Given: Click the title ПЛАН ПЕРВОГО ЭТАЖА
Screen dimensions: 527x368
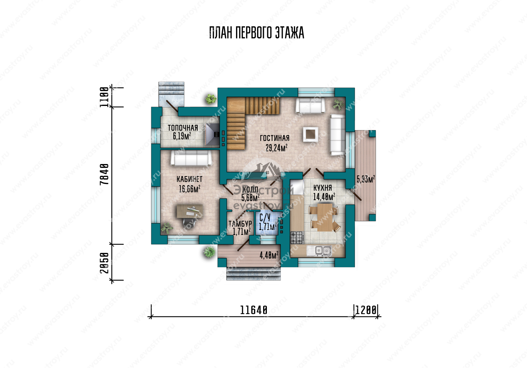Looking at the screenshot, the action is [257, 32].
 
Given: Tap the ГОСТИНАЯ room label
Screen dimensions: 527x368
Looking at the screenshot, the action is [274, 138].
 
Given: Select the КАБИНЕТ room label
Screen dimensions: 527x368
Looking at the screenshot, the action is [189, 179].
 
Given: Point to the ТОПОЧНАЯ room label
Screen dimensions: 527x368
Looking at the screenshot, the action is [183, 128].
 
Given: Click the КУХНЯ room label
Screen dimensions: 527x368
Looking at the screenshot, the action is [323, 188].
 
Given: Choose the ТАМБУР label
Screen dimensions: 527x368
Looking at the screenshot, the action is [240, 224].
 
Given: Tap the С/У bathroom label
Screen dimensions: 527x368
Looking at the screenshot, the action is [265, 218].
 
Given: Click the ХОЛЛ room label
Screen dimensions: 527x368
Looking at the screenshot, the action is [250, 189].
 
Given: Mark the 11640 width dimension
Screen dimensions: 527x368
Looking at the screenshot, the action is [254, 310].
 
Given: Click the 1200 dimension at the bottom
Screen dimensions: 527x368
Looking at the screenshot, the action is [366, 310].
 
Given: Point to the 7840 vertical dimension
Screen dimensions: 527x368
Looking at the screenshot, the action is [105, 174].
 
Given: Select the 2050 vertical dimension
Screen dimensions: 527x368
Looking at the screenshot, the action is [105, 263].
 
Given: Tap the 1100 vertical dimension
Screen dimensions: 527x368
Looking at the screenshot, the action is [105, 97].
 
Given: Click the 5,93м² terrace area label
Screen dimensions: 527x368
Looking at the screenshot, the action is [366, 179].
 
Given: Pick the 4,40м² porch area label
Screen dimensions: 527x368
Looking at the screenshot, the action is [269, 255].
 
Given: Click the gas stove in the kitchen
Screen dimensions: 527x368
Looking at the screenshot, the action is [297, 237].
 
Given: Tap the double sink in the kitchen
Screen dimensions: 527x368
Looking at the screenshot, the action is [320, 251].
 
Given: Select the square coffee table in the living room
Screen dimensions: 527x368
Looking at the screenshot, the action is [311, 134].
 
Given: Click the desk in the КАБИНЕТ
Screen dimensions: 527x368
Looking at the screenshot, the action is [190, 211].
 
